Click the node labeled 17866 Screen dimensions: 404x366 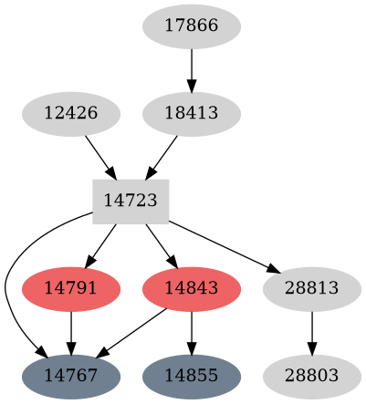[192, 26]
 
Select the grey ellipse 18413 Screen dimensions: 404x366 [192, 115]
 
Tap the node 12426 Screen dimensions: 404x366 [71, 115]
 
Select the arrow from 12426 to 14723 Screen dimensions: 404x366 [99, 156]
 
